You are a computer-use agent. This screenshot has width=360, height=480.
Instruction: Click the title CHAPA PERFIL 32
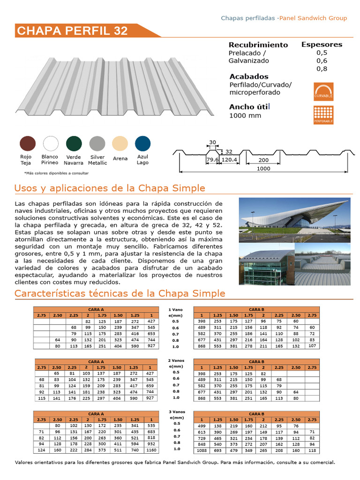(x=72, y=31)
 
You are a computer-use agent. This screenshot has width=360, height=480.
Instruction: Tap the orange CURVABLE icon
(x=323, y=91)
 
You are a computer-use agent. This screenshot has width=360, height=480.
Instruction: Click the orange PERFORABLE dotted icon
(x=323, y=115)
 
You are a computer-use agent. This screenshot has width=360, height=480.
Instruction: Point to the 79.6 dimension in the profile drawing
(x=213, y=160)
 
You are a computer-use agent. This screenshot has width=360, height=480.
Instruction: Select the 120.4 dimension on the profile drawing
(x=230, y=160)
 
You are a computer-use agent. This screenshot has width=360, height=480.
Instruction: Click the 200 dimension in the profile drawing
(x=263, y=160)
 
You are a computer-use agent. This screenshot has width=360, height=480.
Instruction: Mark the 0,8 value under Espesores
(x=322, y=69)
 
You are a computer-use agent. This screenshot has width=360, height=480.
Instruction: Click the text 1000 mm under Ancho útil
(x=245, y=116)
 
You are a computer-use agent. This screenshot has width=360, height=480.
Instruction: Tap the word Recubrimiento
(x=258, y=45)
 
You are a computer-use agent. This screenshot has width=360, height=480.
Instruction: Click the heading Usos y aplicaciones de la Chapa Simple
(x=110, y=188)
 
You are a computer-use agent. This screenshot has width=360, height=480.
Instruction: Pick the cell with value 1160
(x=150, y=450)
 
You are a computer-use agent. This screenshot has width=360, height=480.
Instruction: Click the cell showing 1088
(x=202, y=450)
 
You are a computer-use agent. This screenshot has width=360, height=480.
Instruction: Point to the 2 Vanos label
(x=176, y=360)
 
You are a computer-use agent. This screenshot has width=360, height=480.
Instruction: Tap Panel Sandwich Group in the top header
(x=313, y=18)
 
